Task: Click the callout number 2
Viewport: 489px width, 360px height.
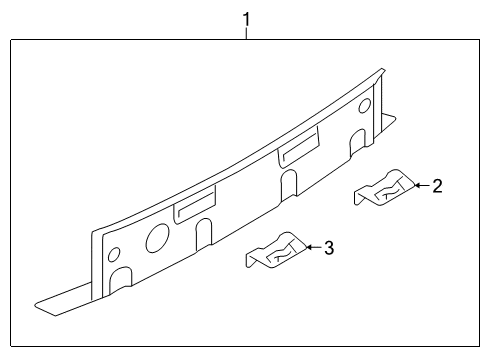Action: point(437,185)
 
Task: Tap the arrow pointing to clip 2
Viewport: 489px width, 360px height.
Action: point(420,185)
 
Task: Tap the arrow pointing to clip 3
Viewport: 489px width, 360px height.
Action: point(311,247)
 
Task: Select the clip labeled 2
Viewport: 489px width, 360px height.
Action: point(384,188)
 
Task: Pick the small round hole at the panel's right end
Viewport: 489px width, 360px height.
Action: point(364,105)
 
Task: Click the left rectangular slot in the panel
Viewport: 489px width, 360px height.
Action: point(194,207)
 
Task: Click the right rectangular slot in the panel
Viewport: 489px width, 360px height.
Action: point(299,150)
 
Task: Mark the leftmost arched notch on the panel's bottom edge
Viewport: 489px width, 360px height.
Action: point(123,278)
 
